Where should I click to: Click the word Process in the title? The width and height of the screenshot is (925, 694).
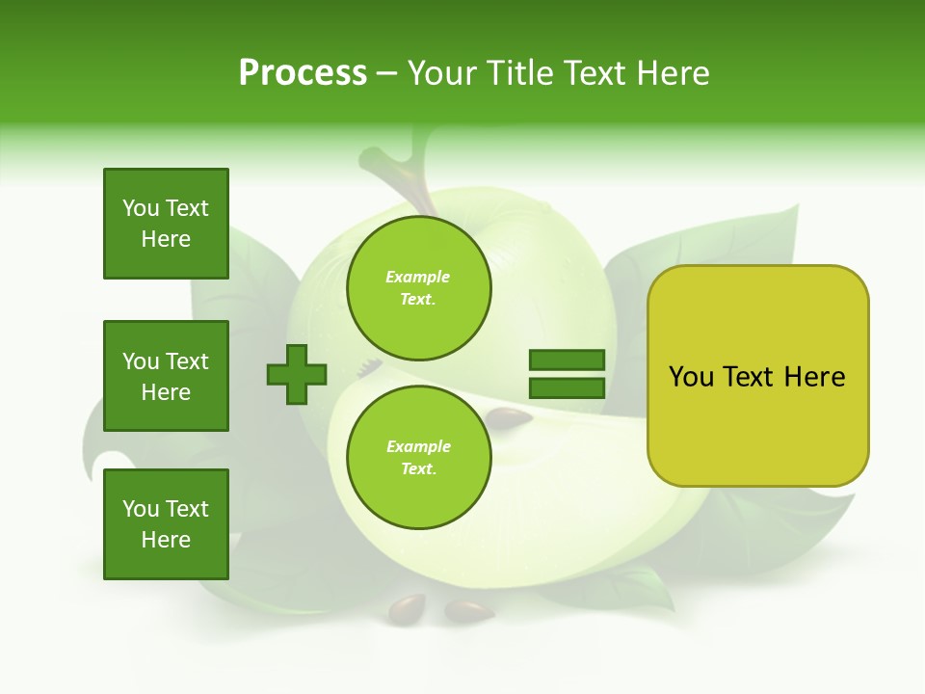click(303, 73)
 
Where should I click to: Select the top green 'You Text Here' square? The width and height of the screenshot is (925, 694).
click(166, 224)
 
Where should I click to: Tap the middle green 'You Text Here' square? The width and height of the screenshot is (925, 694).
click(166, 376)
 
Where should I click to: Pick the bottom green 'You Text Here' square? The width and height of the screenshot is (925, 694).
click(166, 524)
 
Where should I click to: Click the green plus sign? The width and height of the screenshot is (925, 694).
click(297, 374)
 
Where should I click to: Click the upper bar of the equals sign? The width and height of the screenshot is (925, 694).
click(567, 360)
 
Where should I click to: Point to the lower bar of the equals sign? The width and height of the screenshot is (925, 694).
click(567, 387)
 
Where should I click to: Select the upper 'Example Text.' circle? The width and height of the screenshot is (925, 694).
click(418, 288)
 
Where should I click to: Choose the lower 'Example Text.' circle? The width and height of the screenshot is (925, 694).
click(418, 457)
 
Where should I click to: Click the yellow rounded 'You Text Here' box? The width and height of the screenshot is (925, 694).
click(757, 376)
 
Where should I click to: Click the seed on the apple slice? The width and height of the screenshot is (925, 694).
click(508, 416)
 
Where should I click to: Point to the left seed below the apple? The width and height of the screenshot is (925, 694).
click(407, 607)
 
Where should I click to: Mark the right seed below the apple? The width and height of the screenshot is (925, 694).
click(468, 610)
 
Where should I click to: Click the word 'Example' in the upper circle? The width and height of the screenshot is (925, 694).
click(418, 277)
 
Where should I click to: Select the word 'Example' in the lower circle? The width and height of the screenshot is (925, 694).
click(418, 446)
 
